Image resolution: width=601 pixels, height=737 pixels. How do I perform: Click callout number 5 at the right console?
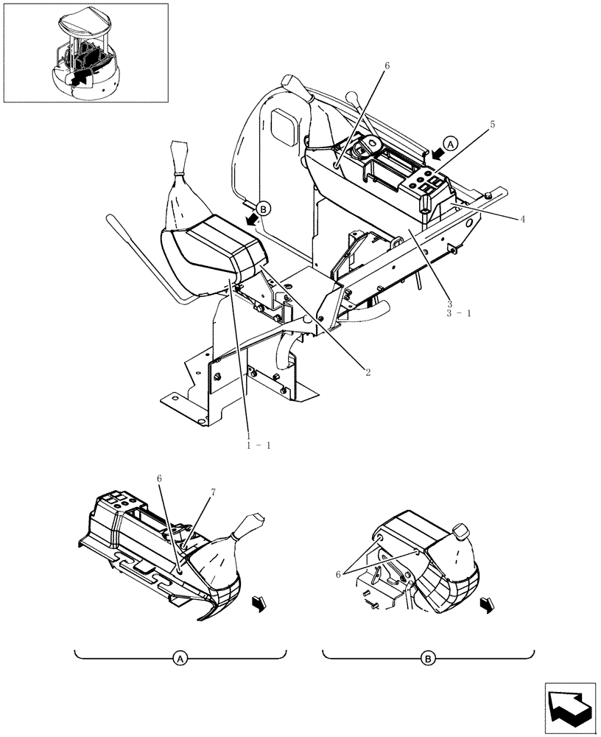(x=493, y=125)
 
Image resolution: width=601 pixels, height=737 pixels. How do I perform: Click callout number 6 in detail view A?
(x=159, y=478)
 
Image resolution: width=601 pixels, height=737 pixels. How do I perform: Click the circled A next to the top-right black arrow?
(x=452, y=143)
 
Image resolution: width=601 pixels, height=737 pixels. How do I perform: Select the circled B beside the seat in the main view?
(x=265, y=209)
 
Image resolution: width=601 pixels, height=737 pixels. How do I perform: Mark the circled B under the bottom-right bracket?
(x=428, y=659)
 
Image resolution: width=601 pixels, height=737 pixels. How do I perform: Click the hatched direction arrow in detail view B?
(x=486, y=605)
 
